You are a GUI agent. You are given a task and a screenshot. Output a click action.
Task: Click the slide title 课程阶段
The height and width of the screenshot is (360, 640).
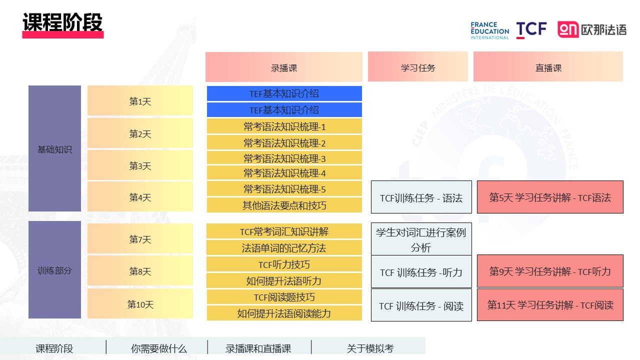[62, 22]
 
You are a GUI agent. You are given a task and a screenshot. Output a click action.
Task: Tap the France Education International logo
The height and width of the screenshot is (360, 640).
[489, 30]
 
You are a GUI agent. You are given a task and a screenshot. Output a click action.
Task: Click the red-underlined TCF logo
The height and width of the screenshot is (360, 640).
[531, 29]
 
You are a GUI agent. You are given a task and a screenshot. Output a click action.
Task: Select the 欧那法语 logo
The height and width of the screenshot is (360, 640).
[592, 29]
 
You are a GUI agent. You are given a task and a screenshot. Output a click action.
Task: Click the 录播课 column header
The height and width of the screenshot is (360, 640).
[283, 67]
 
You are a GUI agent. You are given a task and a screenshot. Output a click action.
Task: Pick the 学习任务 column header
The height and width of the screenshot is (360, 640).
[417, 66]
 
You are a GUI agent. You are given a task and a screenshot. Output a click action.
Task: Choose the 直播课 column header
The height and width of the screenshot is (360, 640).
[548, 66]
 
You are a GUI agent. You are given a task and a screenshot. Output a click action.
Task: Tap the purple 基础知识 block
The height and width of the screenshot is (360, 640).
[54, 148]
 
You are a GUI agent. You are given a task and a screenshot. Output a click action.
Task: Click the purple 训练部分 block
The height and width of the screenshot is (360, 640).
[54, 269]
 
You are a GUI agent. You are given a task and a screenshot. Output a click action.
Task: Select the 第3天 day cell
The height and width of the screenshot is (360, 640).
[140, 165]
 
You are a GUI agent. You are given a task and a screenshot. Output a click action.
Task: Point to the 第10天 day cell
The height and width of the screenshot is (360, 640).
[140, 303]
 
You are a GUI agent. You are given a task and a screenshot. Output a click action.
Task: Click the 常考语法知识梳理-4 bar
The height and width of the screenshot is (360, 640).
[284, 173]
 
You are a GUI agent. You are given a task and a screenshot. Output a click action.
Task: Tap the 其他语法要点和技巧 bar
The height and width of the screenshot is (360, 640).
[284, 205]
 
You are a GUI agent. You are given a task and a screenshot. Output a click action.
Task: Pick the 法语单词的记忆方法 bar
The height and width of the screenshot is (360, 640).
[284, 247]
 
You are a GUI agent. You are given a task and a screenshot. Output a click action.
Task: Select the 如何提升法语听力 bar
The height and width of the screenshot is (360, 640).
[284, 280]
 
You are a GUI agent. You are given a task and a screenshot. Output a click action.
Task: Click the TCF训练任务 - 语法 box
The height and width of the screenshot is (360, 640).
[421, 197]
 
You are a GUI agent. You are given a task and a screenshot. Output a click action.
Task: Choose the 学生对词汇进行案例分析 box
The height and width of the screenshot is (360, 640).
[421, 239]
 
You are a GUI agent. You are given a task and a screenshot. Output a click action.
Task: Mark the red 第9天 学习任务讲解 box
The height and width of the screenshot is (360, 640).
[550, 271]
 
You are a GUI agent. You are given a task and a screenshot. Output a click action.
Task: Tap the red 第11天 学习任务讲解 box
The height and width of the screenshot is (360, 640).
[550, 305]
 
